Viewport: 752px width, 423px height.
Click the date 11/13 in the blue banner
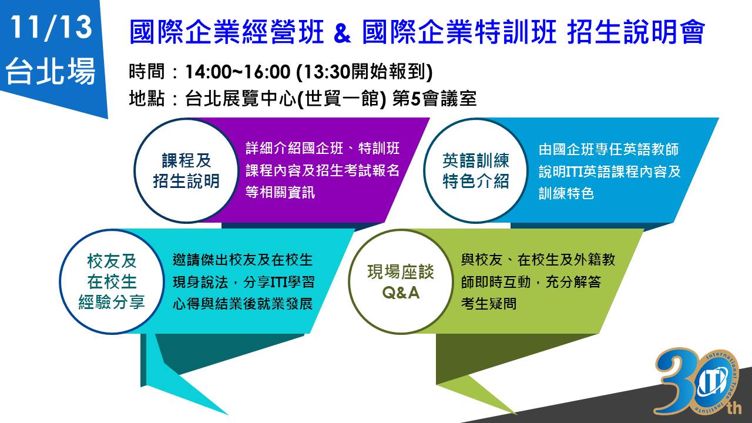point(51,28)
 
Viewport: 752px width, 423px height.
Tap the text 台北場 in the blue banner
point(51,71)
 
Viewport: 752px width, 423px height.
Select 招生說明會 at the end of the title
point(636,32)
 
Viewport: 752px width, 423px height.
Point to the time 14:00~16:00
point(238,72)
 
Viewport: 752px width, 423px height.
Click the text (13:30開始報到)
point(364,72)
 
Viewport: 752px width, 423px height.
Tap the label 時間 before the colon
point(147,72)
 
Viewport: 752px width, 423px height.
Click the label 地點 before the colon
point(147,99)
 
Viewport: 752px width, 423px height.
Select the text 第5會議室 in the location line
point(434,99)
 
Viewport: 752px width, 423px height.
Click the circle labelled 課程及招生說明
point(186,170)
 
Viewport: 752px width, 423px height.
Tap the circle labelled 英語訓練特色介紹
point(475,170)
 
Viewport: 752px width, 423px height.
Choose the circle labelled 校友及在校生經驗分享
point(112,281)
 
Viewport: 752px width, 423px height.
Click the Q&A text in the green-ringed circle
point(401,293)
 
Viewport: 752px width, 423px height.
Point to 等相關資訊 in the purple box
point(280,193)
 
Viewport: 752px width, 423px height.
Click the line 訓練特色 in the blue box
point(566,193)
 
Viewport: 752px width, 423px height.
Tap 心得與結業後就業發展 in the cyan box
point(243,304)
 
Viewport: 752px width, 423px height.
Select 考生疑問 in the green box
point(489,304)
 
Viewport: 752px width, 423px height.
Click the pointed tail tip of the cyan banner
point(227,414)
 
